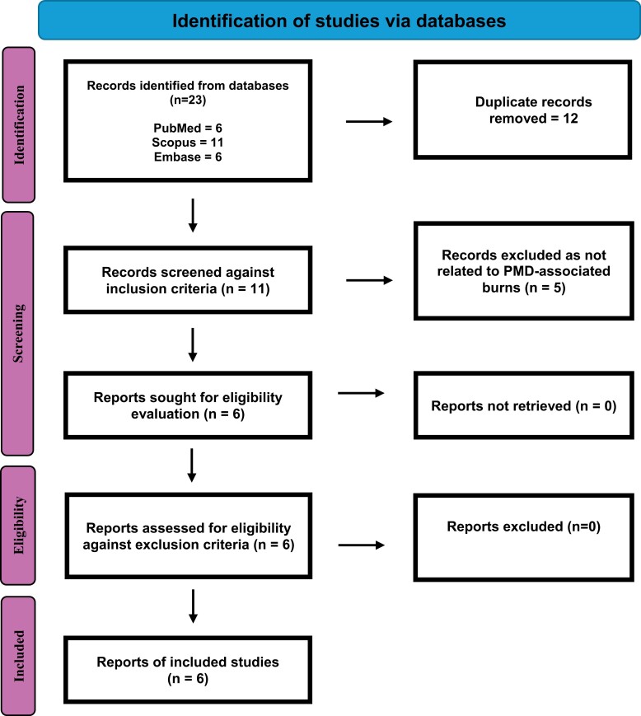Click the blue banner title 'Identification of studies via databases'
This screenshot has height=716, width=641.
(x=339, y=21)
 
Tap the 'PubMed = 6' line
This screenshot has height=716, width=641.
(x=188, y=128)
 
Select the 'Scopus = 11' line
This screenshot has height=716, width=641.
(x=188, y=143)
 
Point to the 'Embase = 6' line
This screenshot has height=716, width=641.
(x=188, y=157)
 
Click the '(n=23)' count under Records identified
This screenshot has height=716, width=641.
(x=188, y=100)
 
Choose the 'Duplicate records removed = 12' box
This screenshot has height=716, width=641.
(x=522, y=110)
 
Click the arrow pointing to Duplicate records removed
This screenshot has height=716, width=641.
(x=369, y=121)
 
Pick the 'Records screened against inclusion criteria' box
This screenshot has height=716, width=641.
(x=188, y=280)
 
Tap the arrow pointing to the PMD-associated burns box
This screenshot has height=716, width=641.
(x=369, y=280)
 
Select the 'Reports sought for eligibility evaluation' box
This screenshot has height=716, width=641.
(x=188, y=405)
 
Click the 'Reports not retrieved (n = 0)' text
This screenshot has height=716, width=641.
(x=524, y=406)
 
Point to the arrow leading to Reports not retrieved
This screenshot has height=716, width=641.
(x=361, y=393)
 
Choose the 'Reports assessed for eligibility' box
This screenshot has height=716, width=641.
(x=188, y=536)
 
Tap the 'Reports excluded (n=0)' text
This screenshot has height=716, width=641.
(x=524, y=526)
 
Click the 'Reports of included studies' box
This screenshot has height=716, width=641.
(x=188, y=670)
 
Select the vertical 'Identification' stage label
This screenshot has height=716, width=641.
(x=19, y=124)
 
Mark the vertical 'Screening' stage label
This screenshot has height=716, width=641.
(x=18, y=334)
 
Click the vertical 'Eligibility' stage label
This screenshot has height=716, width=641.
(x=18, y=525)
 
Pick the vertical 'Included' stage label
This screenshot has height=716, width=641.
(x=18, y=656)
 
